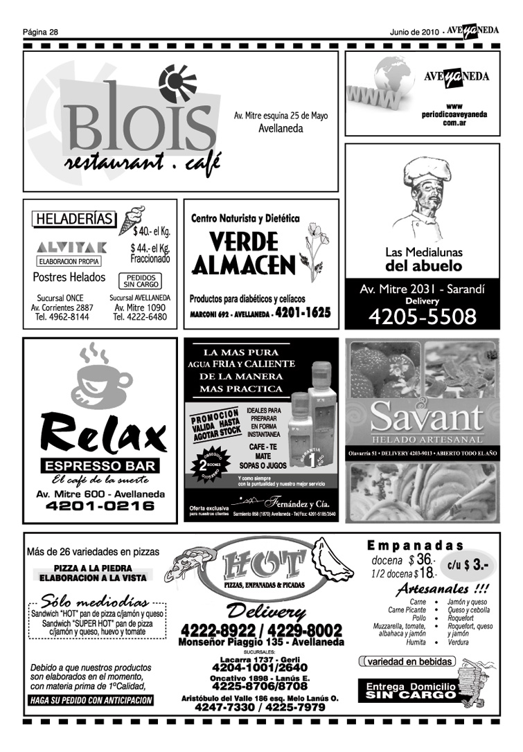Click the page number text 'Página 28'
pos(40,31)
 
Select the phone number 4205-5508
pos(422,317)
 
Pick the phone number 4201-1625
pos(302,313)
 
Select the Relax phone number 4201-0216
pos(100,506)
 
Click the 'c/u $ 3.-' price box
pos(470,564)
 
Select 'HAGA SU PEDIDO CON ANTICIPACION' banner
pos(91,700)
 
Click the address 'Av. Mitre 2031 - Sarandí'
pos(422,289)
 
